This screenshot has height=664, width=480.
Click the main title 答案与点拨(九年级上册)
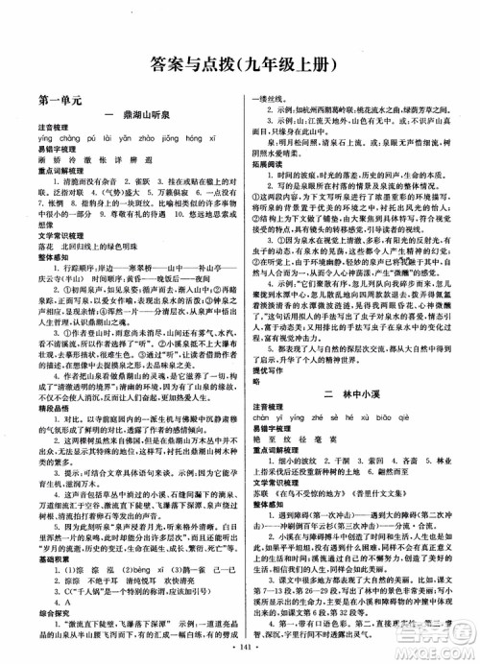tap(240, 66)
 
